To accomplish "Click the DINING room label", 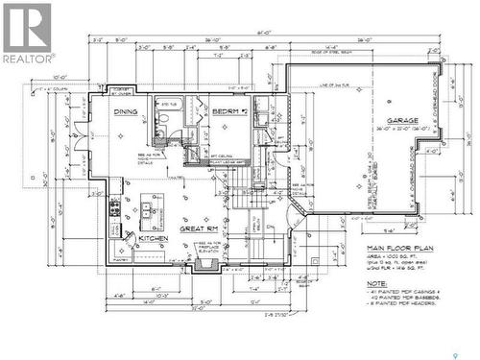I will click(x=126, y=112).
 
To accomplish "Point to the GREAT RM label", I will click(x=198, y=228).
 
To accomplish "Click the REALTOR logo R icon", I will click(x=26, y=26).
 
